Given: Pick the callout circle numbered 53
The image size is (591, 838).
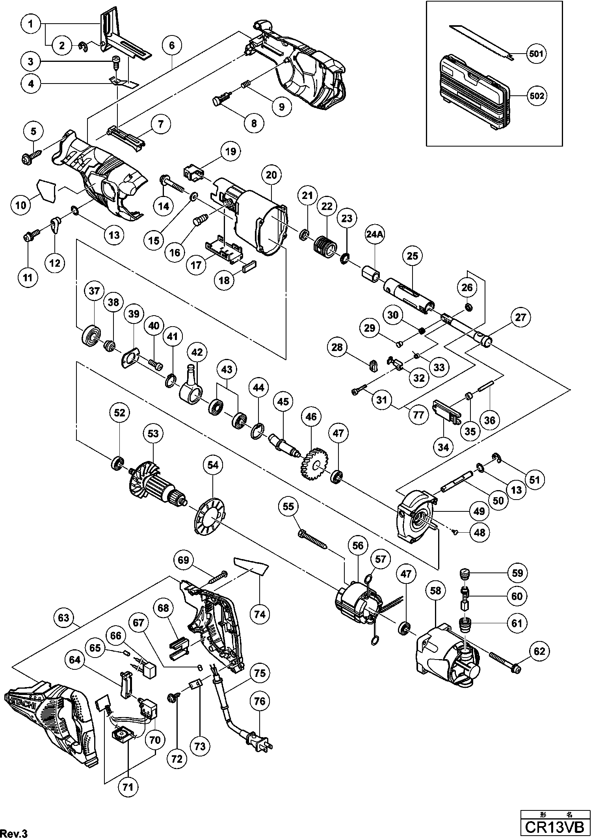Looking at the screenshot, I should click(x=153, y=434).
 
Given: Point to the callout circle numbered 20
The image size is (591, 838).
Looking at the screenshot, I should click(x=271, y=175).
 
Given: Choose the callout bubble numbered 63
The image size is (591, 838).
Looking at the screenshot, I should click(x=63, y=618).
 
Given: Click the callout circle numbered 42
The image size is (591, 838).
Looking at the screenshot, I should click(x=197, y=353).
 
